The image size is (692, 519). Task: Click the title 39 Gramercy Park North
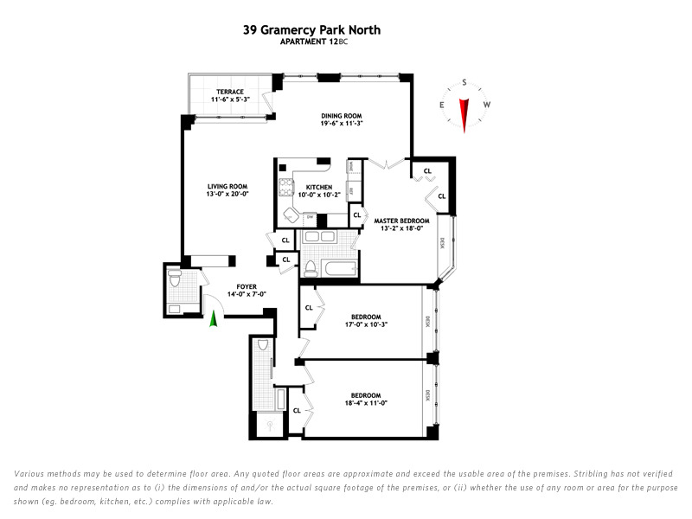tap(311, 30)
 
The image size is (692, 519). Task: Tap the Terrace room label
tap(230, 92)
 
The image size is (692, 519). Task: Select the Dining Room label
tap(341, 115)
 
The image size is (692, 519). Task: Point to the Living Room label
tap(227, 186)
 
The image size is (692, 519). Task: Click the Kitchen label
tap(318, 187)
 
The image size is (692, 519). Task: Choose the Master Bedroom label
tap(401, 221)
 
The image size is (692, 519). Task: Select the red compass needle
tap(465, 112)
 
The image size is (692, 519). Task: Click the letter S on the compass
tap(465, 84)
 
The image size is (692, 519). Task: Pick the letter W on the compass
tap(487, 105)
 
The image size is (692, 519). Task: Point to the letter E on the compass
tap(442, 105)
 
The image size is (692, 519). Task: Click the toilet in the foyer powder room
tap(174, 279)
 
